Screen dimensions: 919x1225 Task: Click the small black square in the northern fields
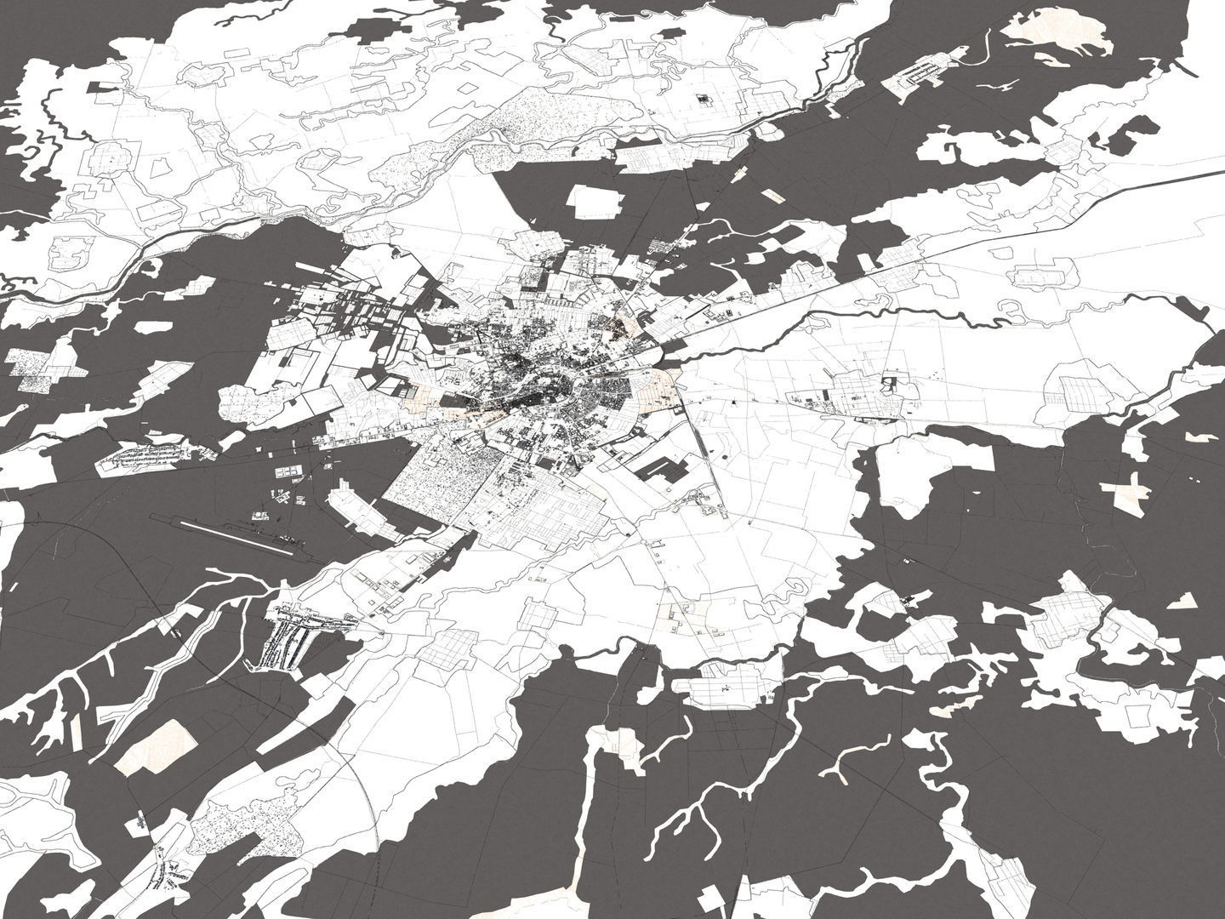click(x=703, y=100)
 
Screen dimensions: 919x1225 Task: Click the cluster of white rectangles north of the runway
click(x=285, y=477)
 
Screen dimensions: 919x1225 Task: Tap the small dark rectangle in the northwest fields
click(x=102, y=86)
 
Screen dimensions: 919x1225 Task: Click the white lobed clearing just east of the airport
click(x=357, y=506)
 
